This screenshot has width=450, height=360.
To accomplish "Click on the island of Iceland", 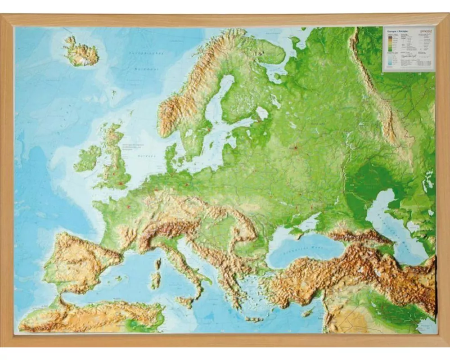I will [x=81, y=54].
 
